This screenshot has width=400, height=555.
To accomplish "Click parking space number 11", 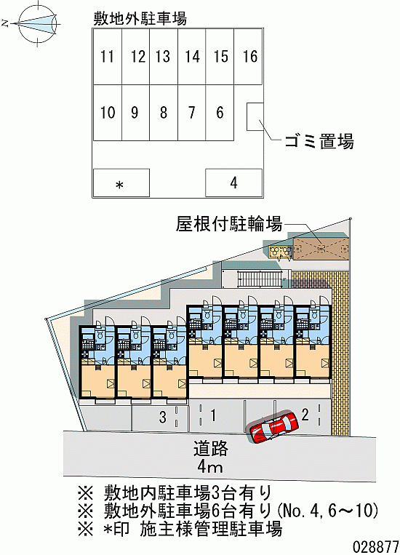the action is [x=107, y=57].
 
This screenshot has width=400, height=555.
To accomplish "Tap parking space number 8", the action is [x=164, y=113].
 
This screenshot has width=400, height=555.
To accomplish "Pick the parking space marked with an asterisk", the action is [x=121, y=183].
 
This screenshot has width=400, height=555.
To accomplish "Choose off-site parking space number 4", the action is [x=234, y=183].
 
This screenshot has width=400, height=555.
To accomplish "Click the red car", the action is [x=273, y=426].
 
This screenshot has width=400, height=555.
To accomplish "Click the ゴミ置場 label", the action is [x=319, y=142].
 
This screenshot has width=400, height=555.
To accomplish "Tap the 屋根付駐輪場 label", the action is [x=228, y=225].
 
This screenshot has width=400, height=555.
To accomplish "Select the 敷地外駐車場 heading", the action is [x=140, y=19].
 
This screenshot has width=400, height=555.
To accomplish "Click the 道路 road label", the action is [x=211, y=449].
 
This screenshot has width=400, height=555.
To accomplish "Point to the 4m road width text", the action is [x=210, y=467].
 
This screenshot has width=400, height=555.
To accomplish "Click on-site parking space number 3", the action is [x=160, y=418].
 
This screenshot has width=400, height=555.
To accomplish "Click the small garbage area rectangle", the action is [x=255, y=116].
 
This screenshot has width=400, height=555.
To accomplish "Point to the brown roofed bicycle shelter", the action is [x=321, y=249].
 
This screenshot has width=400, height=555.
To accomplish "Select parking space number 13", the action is [x=163, y=57].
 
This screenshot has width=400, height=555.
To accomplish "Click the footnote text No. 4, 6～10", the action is [x=328, y=511].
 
